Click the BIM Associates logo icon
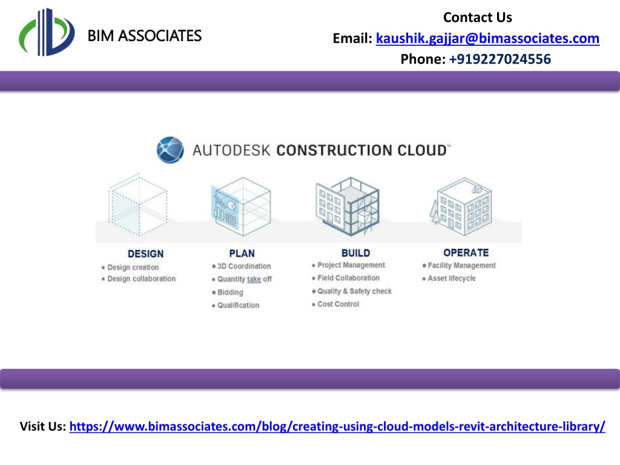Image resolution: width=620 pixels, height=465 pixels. click(47, 32)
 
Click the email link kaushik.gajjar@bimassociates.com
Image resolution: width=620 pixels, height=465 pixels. click(487, 38)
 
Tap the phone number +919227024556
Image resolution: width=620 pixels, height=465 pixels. click(500, 59)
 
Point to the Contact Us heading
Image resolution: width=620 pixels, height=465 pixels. click(478, 18)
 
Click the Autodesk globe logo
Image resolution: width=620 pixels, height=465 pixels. click(170, 150)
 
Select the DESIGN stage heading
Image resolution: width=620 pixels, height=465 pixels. click(145, 254)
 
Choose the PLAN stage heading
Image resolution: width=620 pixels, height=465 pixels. click(242, 254)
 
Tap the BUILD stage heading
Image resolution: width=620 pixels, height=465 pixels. click(356, 253)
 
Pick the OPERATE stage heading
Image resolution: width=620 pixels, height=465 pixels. click(466, 252)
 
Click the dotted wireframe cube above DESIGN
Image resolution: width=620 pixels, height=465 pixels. click(137, 205)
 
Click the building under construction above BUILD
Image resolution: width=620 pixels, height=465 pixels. click(348, 206)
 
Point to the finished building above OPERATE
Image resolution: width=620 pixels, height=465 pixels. click(462, 206)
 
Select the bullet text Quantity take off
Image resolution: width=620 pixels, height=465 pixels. click(245, 279)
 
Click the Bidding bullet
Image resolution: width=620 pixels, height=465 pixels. click(230, 292)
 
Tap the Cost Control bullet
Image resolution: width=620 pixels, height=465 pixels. click(338, 304)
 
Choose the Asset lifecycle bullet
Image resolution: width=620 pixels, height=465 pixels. click(452, 279)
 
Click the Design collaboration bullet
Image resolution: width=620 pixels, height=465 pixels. click(141, 279)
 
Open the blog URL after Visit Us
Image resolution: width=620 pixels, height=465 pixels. click(337, 427)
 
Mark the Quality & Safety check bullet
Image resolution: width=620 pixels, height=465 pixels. click(354, 291)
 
